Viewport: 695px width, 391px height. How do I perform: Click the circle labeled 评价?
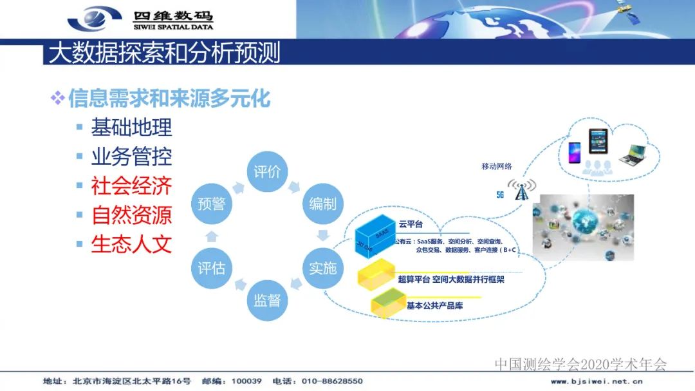coord(268,171)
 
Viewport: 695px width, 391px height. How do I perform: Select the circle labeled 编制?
coord(323,204)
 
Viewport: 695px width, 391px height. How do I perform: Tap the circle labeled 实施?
coord(323,267)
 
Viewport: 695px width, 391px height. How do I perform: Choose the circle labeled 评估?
coord(212,267)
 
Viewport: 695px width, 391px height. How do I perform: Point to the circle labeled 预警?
coord(212,204)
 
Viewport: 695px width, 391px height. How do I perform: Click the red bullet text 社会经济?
coord(132,186)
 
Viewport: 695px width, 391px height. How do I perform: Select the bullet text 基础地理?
coord(132,127)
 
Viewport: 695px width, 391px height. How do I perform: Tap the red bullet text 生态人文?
coord(132,244)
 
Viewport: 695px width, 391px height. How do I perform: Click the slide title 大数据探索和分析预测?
coord(165,53)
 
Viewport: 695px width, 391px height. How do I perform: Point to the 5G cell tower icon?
coord(521,189)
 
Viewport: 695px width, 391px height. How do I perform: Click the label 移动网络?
coord(497,166)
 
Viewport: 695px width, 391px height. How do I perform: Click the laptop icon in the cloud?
coord(633,152)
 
